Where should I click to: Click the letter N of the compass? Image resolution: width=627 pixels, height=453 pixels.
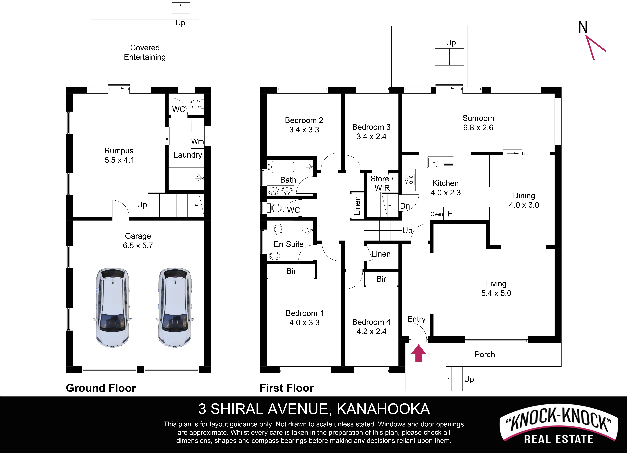[x=583, y=27]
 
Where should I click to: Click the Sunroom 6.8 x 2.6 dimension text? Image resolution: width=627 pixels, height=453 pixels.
[x=478, y=127]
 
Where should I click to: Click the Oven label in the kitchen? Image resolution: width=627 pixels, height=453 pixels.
[x=437, y=214]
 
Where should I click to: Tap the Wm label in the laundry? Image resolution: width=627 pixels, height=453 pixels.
[x=197, y=141]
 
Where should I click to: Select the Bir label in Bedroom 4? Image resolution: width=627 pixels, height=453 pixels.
[x=381, y=279]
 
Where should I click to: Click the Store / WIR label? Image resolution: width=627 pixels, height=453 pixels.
[x=382, y=183]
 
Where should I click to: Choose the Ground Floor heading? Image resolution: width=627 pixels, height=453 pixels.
[x=101, y=388]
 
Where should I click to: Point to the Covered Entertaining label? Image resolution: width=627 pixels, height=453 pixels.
[x=145, y=52]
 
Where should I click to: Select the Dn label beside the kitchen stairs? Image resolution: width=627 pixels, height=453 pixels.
[x=405, y=206]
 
